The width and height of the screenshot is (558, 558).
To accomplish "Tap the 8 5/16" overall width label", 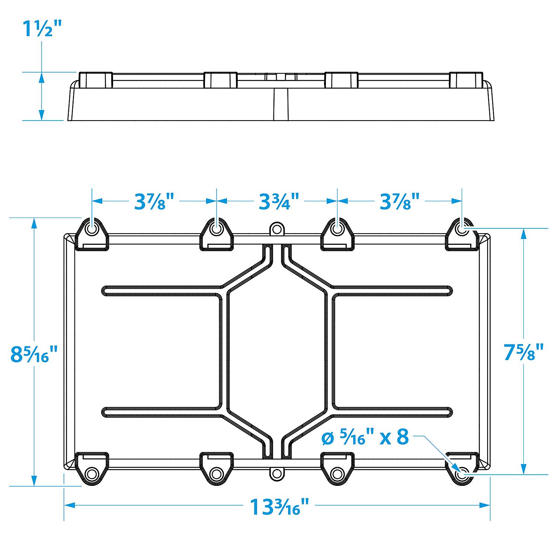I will click(x=34, y=354).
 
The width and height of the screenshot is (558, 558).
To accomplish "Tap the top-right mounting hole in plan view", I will click(x=462, y=229).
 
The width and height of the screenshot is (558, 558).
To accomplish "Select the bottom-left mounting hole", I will click(x=92, y=474).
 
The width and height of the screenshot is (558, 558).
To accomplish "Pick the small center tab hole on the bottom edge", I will click(x=276, y=474).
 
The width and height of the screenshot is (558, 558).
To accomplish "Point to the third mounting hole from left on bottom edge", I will click(x=337, y=474).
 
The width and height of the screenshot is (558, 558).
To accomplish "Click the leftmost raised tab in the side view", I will click(x=96, y=80).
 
